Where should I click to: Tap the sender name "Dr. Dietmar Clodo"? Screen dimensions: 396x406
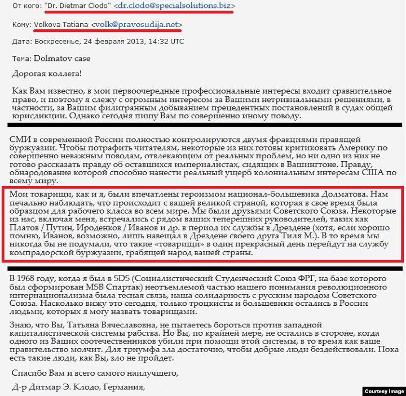74,6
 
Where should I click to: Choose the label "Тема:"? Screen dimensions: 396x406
21,58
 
